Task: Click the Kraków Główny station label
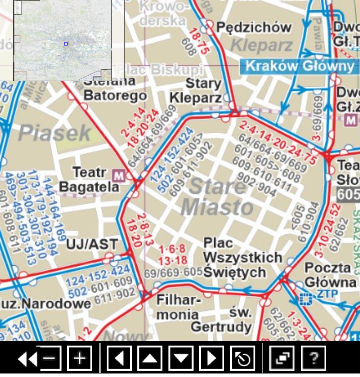[x=299, y=66]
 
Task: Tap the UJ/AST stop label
[x=92, y=245]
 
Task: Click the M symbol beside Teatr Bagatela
[x=118, y=175]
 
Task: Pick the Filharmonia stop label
[x=178, y=307]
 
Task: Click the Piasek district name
[x=54, y=133]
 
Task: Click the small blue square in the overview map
[x=66, y=44]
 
